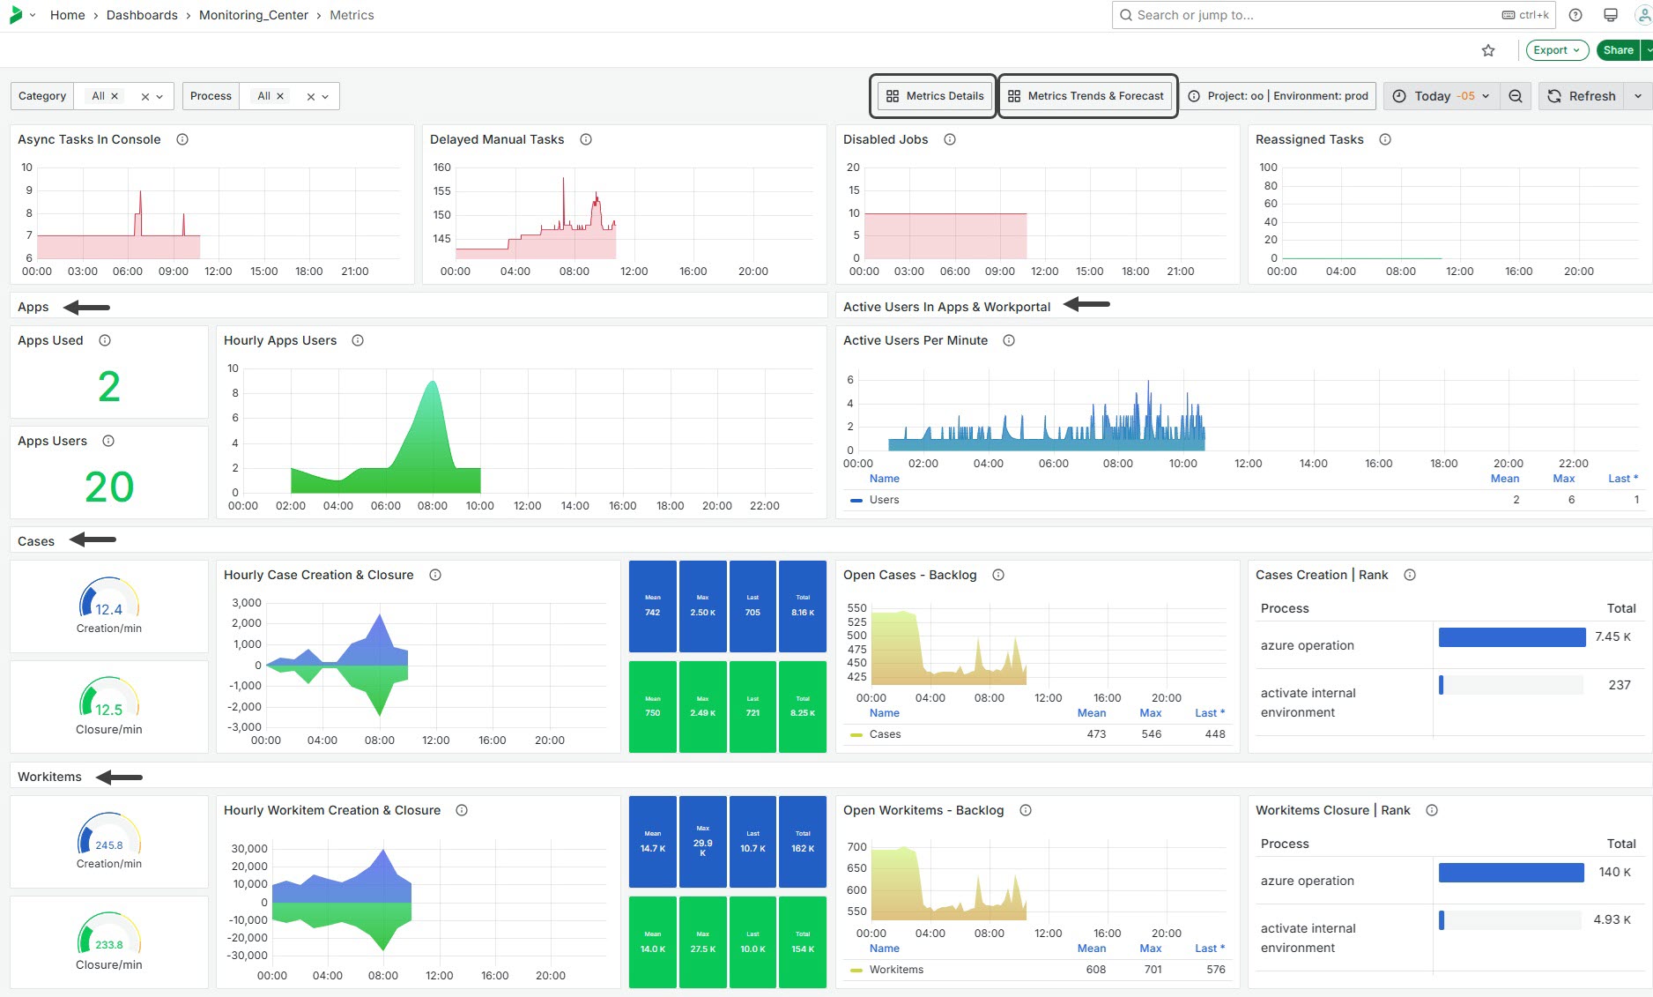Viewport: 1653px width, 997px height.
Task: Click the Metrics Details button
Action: point(934,96)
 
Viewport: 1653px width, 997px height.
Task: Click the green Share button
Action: point(1618,50)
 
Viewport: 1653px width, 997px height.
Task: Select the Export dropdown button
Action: point(1556,50)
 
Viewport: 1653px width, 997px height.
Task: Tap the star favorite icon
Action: point(1488,50)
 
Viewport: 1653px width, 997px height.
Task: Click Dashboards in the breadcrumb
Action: point(142,15)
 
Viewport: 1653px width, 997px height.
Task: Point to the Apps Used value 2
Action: point(109,387)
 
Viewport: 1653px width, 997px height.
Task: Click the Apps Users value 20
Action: point(109,487)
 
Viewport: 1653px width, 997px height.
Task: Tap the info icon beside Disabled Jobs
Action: point(950,139)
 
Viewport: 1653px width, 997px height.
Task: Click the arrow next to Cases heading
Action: point(93,539)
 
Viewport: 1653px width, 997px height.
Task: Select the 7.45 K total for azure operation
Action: point(1612,636)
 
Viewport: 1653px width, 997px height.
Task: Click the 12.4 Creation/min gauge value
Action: point(108,609)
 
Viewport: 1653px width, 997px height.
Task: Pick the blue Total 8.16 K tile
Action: point(802,606)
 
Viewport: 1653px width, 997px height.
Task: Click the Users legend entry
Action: point(884,500)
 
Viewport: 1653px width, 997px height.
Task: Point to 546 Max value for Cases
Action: point(1151,734)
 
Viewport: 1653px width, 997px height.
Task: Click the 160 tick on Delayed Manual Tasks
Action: point(441,167)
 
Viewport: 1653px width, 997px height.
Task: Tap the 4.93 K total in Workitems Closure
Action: point(1612,919)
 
